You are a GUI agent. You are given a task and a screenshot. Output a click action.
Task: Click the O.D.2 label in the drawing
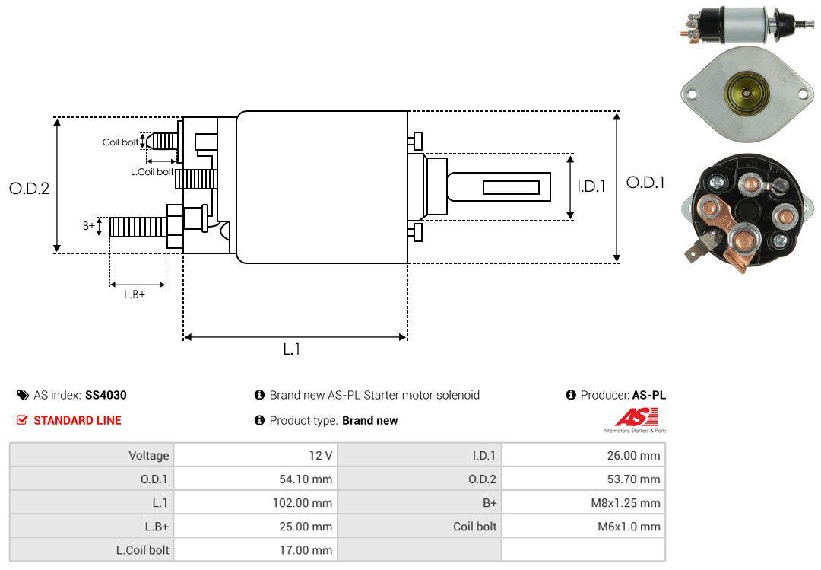[x=30, y=188]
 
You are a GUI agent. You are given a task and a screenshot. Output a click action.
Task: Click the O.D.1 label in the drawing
[x=645, y=183]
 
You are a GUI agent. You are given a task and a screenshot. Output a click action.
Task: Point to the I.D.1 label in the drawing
[x=591, y=186]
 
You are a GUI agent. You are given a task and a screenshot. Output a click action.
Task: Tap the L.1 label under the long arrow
[x=292, y=349]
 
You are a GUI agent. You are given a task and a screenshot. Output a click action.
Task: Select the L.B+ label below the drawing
[x=135, y=295]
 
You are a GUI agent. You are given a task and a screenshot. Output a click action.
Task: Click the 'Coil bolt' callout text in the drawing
[x=120, y=142]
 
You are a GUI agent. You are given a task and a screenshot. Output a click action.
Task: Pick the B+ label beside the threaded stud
[x=89, y=225]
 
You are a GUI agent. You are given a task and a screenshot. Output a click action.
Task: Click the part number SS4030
[x=106, y=396]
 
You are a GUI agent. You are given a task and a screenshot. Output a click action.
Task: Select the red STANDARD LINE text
[x=78, y=421]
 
